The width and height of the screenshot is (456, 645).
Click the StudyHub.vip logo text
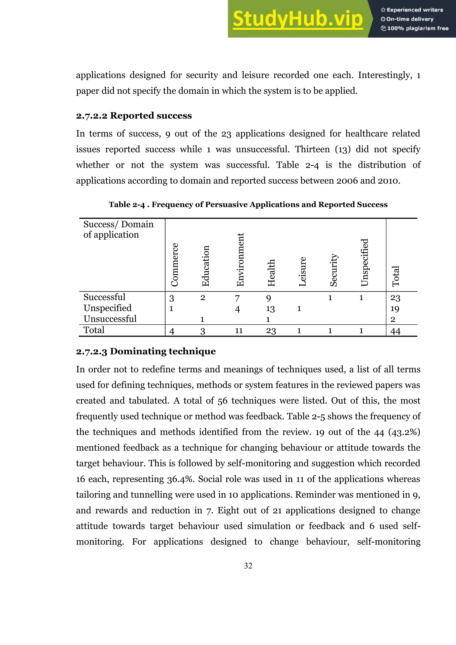[x=298, y=19]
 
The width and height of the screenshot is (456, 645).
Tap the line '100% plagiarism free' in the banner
[x=415, y=28]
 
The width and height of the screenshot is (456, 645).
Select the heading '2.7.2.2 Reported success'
[x=134, y=116]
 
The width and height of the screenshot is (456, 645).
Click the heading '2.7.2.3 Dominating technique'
[x=146, y=351]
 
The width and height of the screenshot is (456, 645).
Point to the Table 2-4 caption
[x=248, y=205]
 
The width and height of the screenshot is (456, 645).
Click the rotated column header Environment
[x=240, y=260]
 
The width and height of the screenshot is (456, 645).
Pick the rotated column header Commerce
[x=175, y=265]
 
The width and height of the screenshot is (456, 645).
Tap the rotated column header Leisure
[x=302, y=271]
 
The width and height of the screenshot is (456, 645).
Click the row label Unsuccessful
[x=110, y=319]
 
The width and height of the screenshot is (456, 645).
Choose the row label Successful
[x=104, y=297]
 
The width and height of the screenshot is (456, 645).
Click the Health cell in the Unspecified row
[x=270, y=309]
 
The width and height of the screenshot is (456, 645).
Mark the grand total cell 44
[x=395, y=331]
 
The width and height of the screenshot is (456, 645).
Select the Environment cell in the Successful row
[x=237, y=298]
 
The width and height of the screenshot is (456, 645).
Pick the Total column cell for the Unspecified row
[x=395, y=309]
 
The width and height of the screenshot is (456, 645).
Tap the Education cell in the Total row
[x=203, y=331]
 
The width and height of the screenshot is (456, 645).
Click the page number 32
[x=248, y=566]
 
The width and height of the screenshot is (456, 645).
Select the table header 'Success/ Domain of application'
[x=118, y=229]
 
